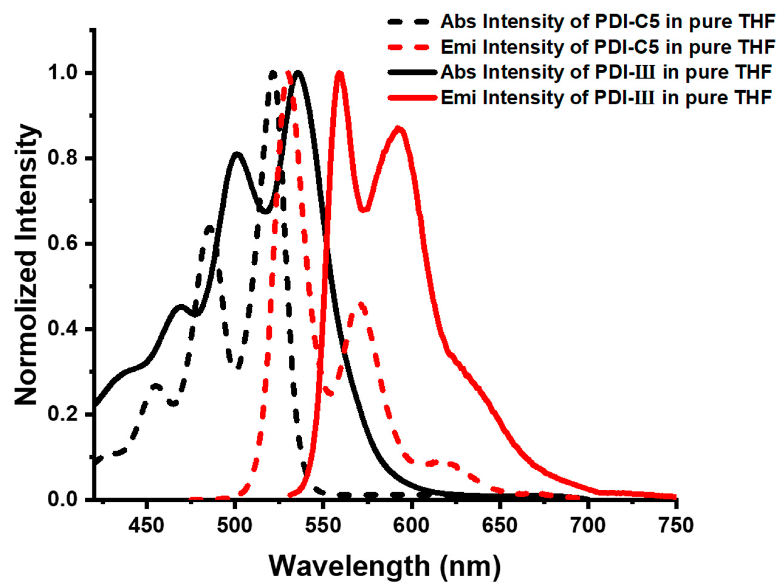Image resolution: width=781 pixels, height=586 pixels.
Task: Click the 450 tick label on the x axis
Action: click(146, 526)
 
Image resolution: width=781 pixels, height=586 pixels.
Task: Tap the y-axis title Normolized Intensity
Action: click(26, 265)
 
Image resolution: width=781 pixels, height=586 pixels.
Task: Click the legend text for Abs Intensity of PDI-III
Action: click(605, 72)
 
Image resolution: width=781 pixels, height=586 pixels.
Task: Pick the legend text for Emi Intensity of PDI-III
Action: click(605, 98)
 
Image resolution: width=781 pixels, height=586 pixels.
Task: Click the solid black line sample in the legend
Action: click(412, 72)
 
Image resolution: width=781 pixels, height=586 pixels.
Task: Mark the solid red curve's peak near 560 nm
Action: click(340, 74)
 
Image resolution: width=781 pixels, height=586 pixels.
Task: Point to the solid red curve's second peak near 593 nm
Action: click(399, 129)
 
